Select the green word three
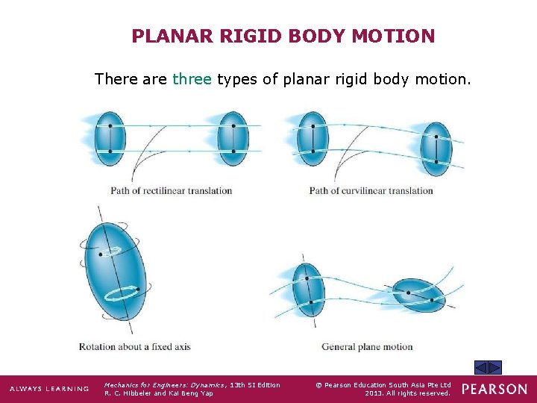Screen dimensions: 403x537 [192, 78]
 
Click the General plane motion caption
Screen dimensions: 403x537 [367, 346]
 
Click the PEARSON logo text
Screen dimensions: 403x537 [494, 389]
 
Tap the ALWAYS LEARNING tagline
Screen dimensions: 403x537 [48, 389]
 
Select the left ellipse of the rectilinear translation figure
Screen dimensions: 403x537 [110, 139]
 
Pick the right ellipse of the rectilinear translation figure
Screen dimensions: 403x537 [233, 139]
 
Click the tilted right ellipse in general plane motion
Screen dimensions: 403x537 [419, 293]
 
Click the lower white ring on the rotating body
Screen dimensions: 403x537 [121, 293]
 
